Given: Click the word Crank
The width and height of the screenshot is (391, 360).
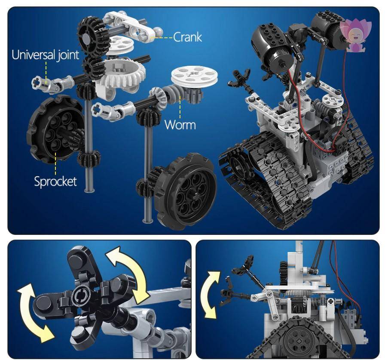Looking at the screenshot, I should (x=187, y=37).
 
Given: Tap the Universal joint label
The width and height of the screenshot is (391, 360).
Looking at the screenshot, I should (x=46, y=55).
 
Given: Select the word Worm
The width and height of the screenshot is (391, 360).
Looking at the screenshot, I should (x=180, y=125).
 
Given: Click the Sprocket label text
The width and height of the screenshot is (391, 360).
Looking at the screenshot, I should (x=55, y=181).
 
